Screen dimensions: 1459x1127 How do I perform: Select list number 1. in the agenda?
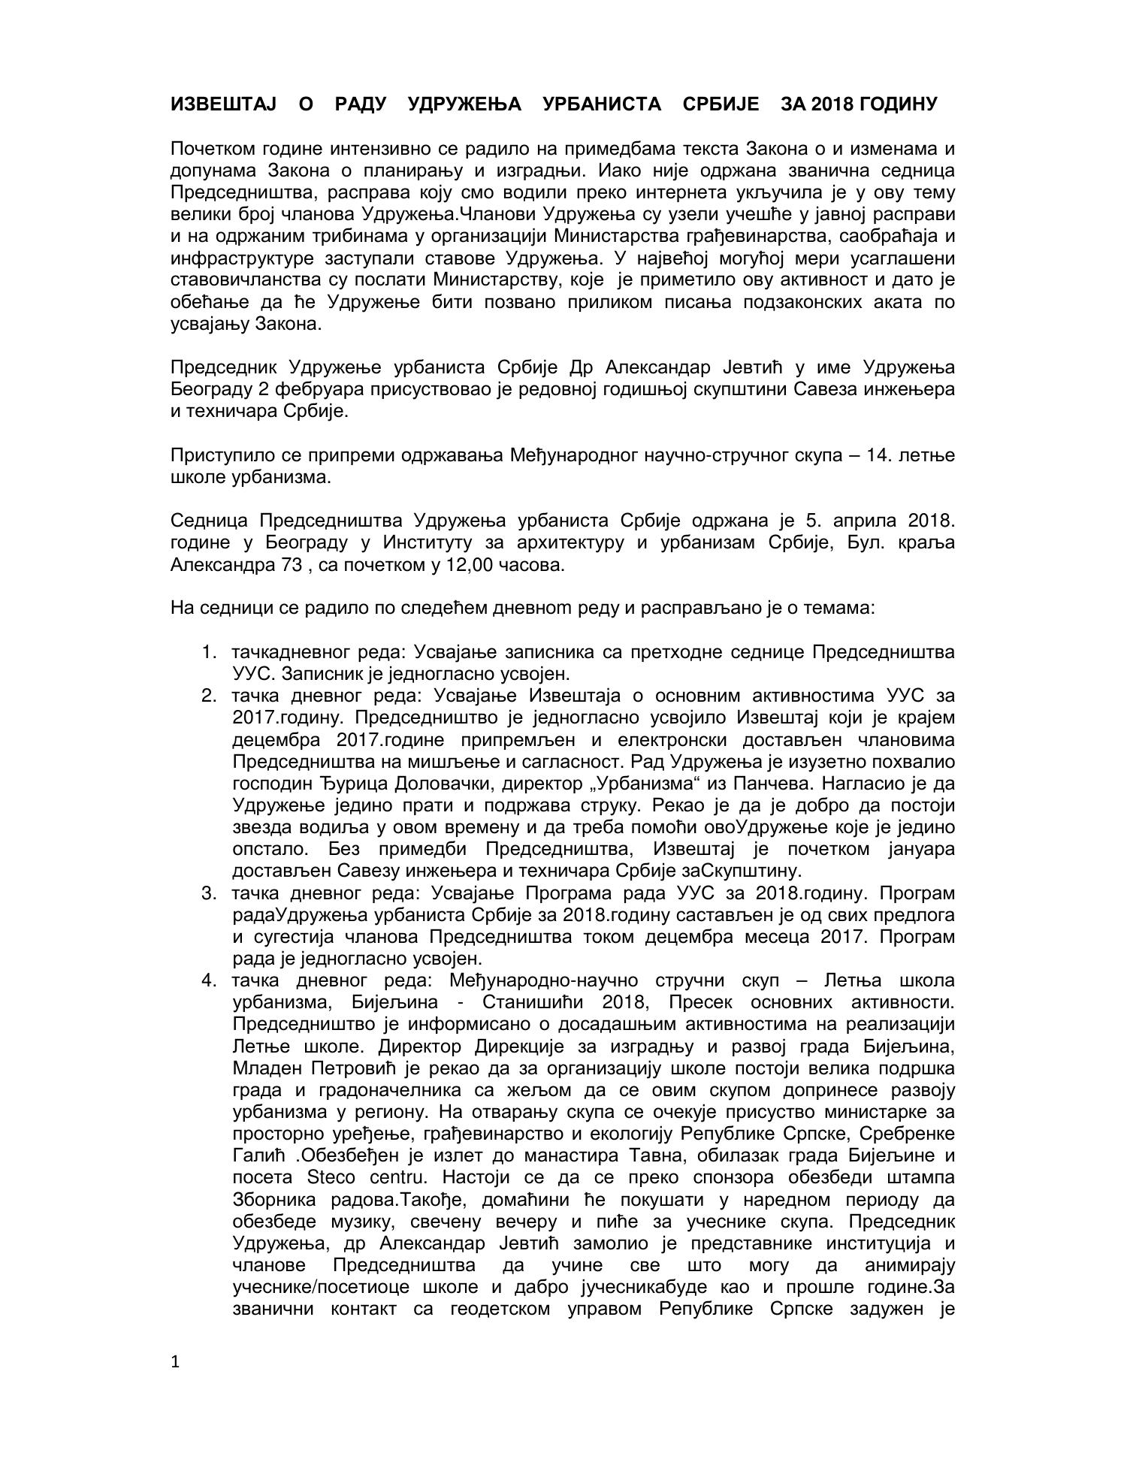tap(210, 651)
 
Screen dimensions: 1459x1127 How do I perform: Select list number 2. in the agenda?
tap(210, 696)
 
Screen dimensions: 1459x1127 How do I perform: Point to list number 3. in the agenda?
tap(210, 893)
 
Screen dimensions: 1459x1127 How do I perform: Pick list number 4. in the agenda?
tap(210, 980)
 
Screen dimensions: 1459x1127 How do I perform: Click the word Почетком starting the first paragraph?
tap(209, 148)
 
